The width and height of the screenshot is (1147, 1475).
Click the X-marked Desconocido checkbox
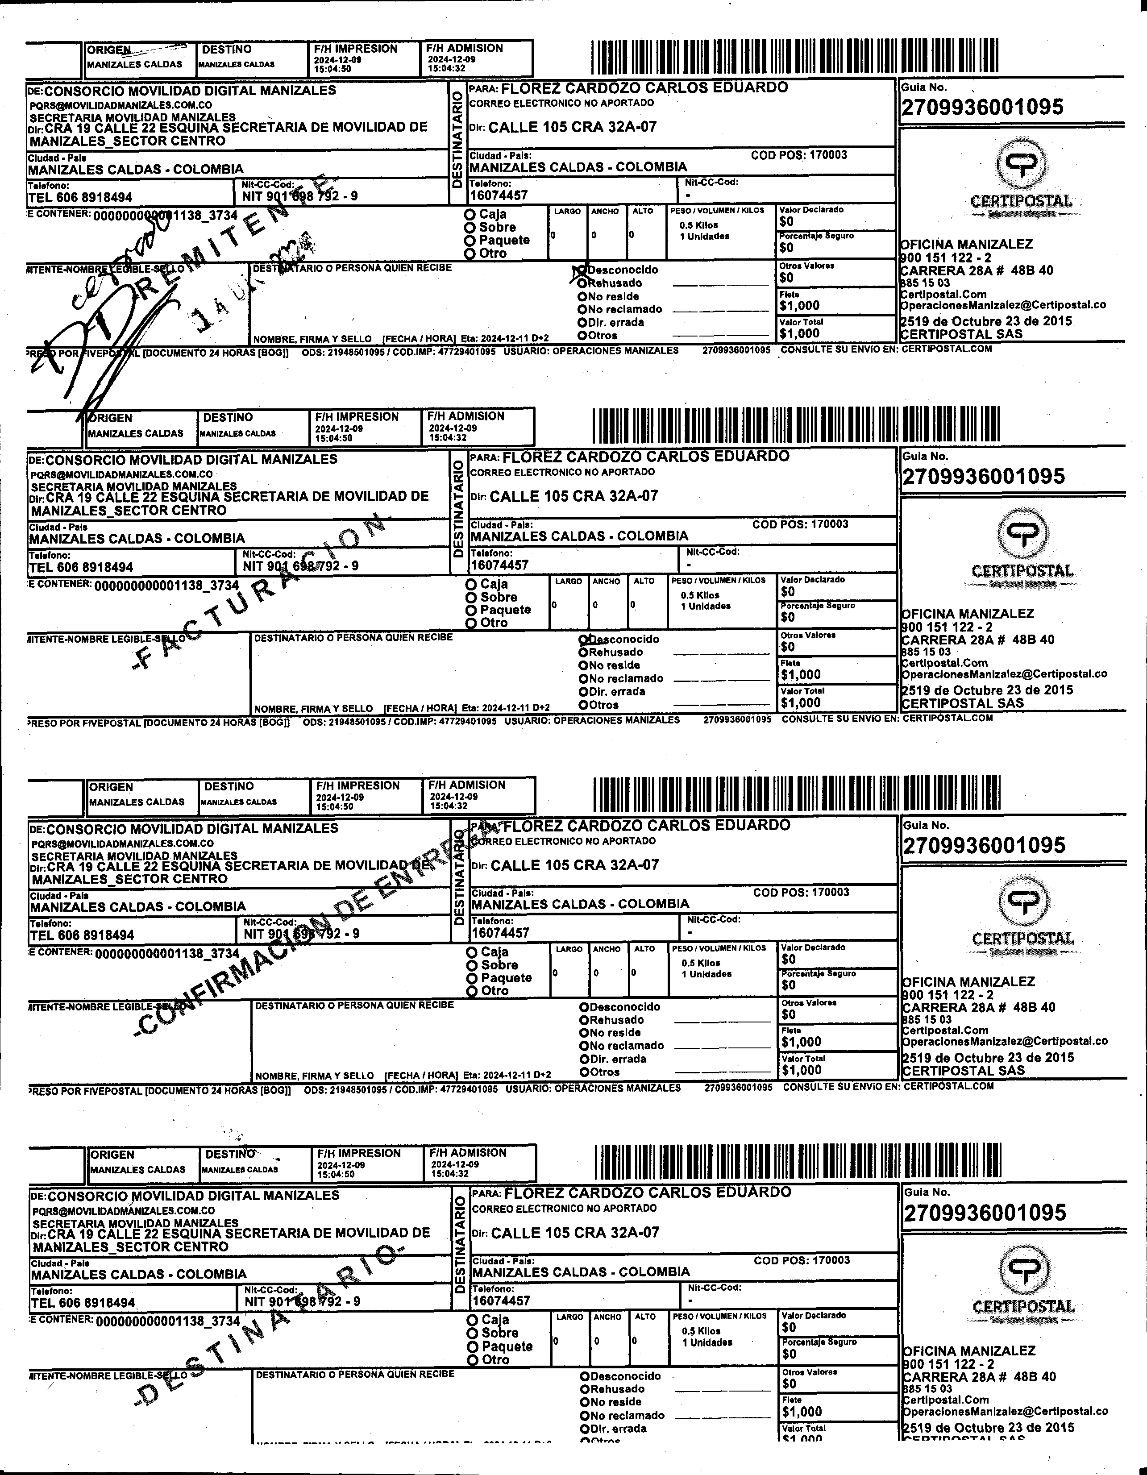(581, 270)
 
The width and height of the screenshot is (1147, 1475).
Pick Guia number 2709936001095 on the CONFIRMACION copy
(984, 845)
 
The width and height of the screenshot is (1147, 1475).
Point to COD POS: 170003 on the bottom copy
(802, 1260)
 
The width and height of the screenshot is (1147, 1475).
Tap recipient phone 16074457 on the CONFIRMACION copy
(501, 933)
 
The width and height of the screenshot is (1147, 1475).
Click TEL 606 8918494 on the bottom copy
(83, 1303)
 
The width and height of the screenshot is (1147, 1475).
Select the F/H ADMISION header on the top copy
(465, 49)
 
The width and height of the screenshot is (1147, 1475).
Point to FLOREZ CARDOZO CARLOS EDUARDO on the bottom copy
(648, 1192)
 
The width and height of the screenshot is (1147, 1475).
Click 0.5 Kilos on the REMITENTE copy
(698, 225)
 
